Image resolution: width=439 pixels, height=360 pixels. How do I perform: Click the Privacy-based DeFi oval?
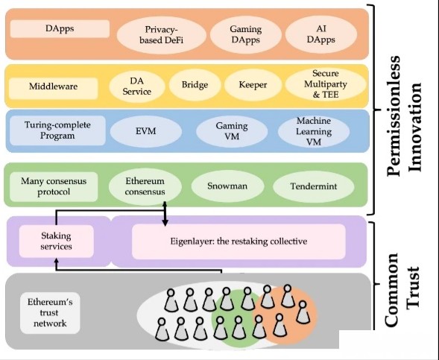point(162,35)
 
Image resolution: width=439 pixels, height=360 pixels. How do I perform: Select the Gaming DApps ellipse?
point(245,35)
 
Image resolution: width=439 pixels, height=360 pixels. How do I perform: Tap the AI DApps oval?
point(321,35)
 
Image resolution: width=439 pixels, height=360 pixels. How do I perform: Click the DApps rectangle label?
point(60,28)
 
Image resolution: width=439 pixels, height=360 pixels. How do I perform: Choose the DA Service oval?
point(137,86)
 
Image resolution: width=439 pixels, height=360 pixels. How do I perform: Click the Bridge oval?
point(195,85)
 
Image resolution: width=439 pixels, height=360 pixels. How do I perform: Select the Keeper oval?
point(253,85)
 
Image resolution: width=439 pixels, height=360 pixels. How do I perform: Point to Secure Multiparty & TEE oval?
point(326,84)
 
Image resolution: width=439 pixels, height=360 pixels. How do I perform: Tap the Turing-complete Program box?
point(57,130)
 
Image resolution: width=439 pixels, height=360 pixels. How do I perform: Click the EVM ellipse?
point(146,131)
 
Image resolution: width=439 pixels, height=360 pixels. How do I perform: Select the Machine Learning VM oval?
point(314,132)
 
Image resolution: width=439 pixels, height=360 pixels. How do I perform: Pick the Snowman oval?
point(227,186)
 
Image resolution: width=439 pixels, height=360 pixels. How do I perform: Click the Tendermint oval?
point(314,186)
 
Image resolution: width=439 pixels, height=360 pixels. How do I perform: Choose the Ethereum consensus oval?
point(145,186)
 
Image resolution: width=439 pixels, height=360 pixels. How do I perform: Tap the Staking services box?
point(57,241)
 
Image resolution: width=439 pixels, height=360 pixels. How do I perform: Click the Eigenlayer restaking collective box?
point(239,241)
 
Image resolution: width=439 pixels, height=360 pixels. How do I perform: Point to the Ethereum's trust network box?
point(50,313)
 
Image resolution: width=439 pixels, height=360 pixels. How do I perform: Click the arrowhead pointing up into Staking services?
point(57,260)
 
